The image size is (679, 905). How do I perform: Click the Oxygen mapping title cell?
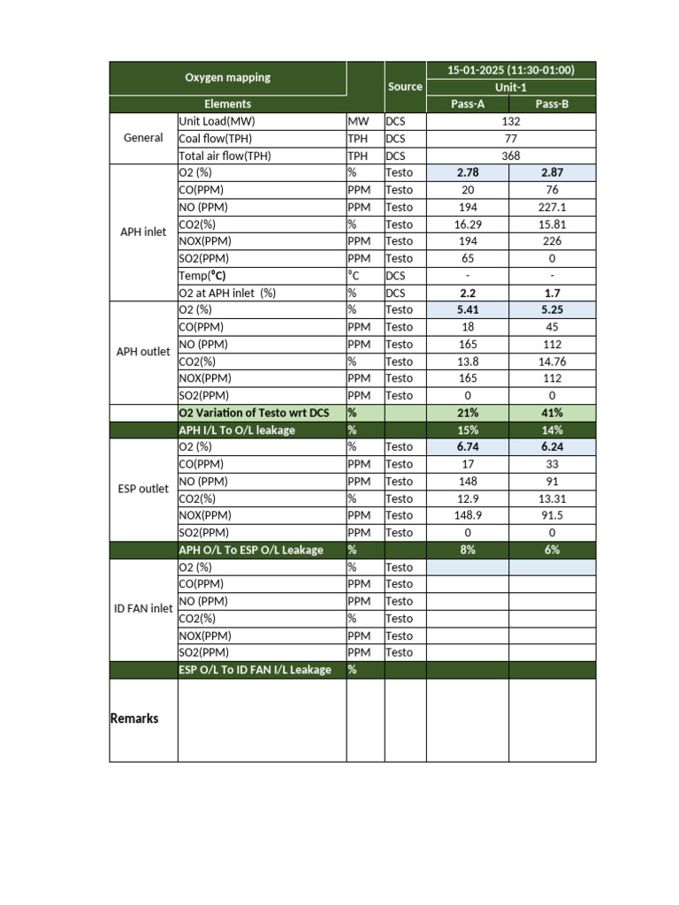tap(227, 78)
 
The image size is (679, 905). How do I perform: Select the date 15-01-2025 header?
tap(510, 70)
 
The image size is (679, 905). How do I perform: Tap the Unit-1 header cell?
tap(510, 87)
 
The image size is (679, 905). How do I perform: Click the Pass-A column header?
tap(468, 104)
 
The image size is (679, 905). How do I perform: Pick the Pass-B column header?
tap(552, 104)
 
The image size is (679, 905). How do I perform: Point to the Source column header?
tap(405, 87)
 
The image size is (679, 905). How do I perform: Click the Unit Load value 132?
tap(510, 121)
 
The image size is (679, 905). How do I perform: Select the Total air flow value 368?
tap(510, 156)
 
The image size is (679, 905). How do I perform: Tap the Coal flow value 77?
tap(510, 139)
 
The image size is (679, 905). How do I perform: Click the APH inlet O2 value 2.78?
tap(468, 173)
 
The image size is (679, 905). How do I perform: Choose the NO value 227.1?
tap(552, 207)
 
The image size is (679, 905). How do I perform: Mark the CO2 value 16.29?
tap(468, 224)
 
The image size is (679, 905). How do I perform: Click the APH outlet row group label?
tap(143, 352)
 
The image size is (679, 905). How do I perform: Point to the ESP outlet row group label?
tap(143, 489)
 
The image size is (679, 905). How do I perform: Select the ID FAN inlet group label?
tap(143, 609)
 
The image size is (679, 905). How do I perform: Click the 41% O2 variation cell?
tap(552, 413)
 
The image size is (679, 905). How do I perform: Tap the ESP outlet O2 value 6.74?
tap(468, 447)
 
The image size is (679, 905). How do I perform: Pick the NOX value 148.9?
tap(468, 515)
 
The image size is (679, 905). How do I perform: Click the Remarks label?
tap(134, 719)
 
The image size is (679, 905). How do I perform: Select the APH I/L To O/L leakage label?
tap(237, 430)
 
